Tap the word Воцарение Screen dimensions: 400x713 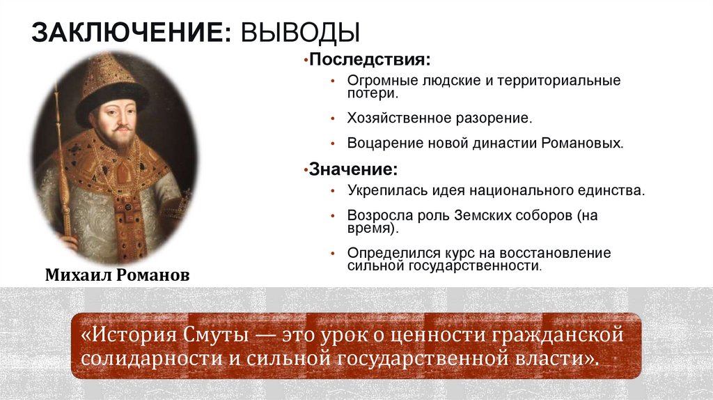pos(380,143)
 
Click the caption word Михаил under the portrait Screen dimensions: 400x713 pos(77,275)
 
